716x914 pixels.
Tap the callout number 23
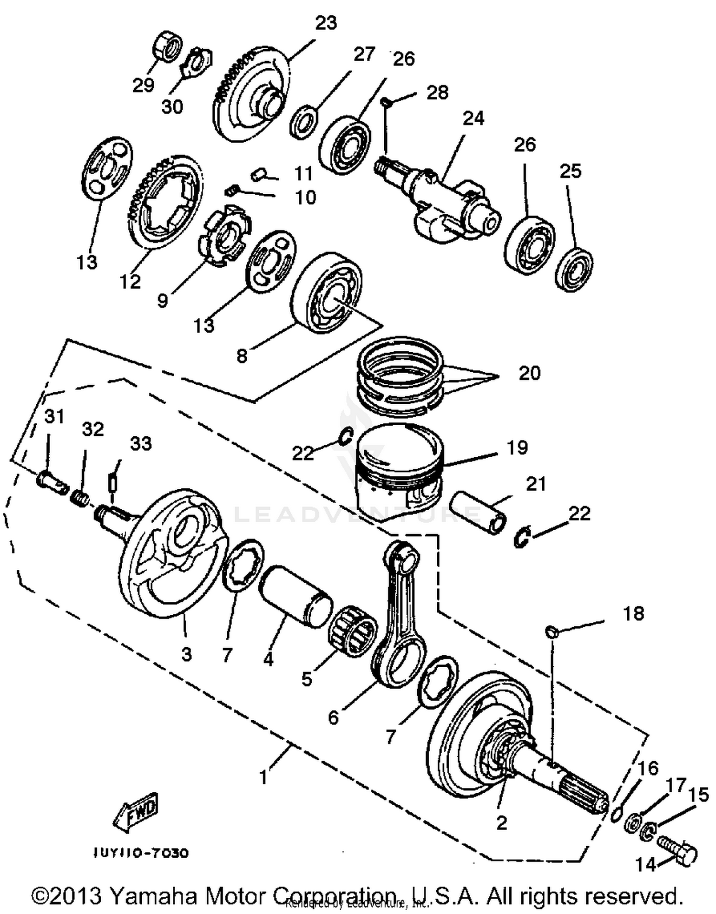[326, 23]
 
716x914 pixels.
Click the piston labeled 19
[400, 470]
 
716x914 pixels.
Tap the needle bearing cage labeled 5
[352, 630]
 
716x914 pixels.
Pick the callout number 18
[633, 613]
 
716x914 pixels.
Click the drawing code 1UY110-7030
[141, 852]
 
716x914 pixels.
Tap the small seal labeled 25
[574, 269]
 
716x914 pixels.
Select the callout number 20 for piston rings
[529, 373]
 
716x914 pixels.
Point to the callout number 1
[263, 777]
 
